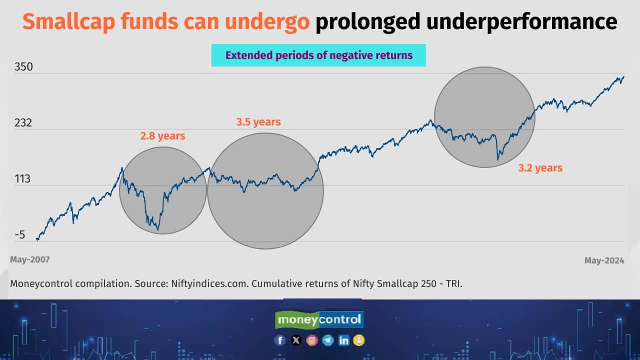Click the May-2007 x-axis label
[30, 259]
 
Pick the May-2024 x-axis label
[604, 260]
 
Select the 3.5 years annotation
[258, 121]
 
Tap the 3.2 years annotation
[540, 168]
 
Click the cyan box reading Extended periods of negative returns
[318, 55]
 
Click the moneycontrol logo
[320, 319]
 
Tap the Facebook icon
[280, 340]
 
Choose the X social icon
[296, 340]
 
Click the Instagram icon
[312, 340]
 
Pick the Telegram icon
[328, 340]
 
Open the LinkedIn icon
[344, 340]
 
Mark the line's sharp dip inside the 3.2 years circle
[497, 159]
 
